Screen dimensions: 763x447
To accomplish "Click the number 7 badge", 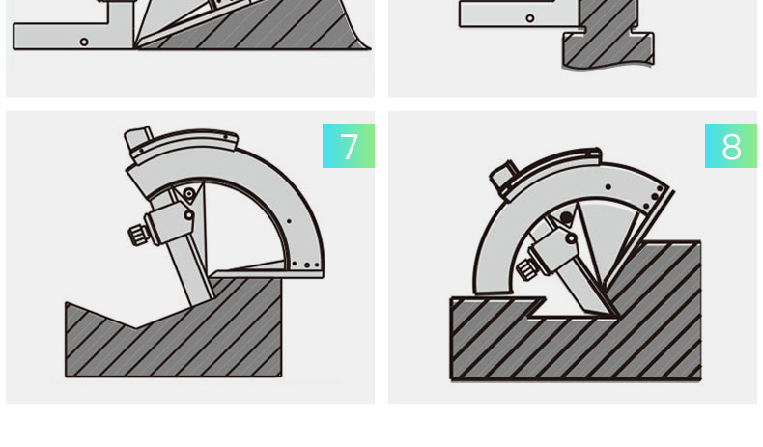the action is coord(349,146).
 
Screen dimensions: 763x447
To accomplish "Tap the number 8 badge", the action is coord(731,146).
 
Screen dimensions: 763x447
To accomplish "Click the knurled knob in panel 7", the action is coord(139,235).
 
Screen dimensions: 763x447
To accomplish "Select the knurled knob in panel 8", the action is coord(526,269).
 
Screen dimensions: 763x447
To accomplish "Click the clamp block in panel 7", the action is coord(170,223).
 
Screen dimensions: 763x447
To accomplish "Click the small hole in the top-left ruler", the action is coord(84,42).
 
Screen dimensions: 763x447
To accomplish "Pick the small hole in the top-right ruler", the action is coord(530,18).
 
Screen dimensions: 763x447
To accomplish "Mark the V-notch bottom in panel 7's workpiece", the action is coord(136,327).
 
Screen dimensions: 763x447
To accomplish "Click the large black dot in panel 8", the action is coord(566,217).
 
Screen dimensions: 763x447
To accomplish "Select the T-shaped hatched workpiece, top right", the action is coord(608,34).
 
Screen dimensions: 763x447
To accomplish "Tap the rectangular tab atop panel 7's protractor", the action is coord(137,139).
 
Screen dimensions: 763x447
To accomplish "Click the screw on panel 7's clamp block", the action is coord(187,214).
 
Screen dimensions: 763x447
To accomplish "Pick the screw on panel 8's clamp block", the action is coord(570,238).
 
